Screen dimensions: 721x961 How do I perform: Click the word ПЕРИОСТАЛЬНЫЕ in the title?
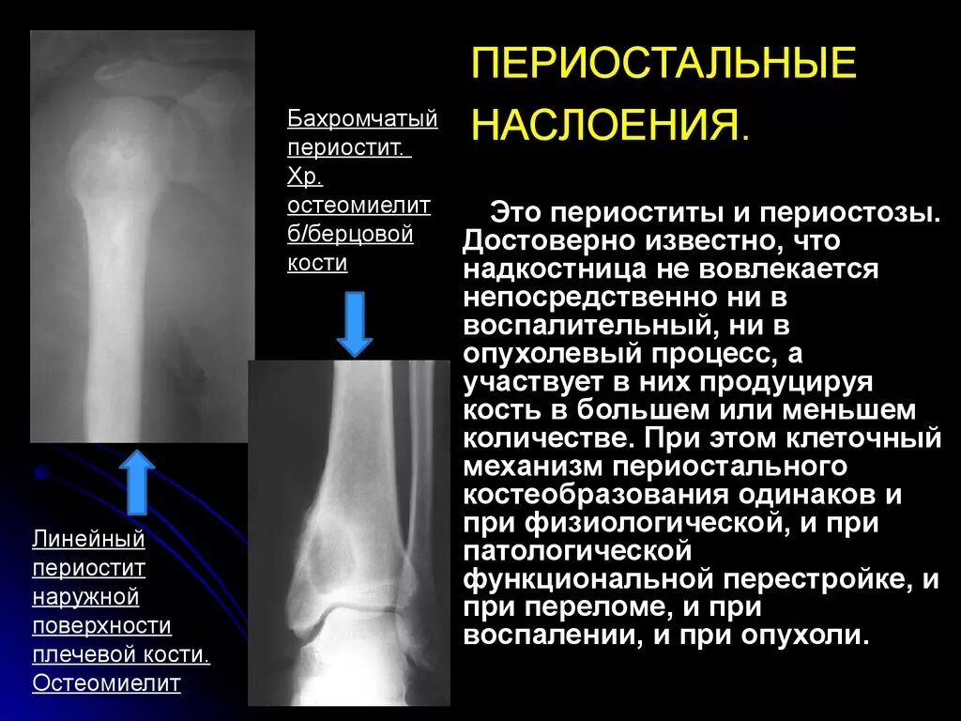664,64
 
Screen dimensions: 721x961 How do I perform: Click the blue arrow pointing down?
355,322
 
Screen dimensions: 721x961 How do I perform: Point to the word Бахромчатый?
362,120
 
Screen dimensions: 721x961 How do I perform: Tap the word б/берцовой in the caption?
350,234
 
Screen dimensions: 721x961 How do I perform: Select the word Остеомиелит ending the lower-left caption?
106,683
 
